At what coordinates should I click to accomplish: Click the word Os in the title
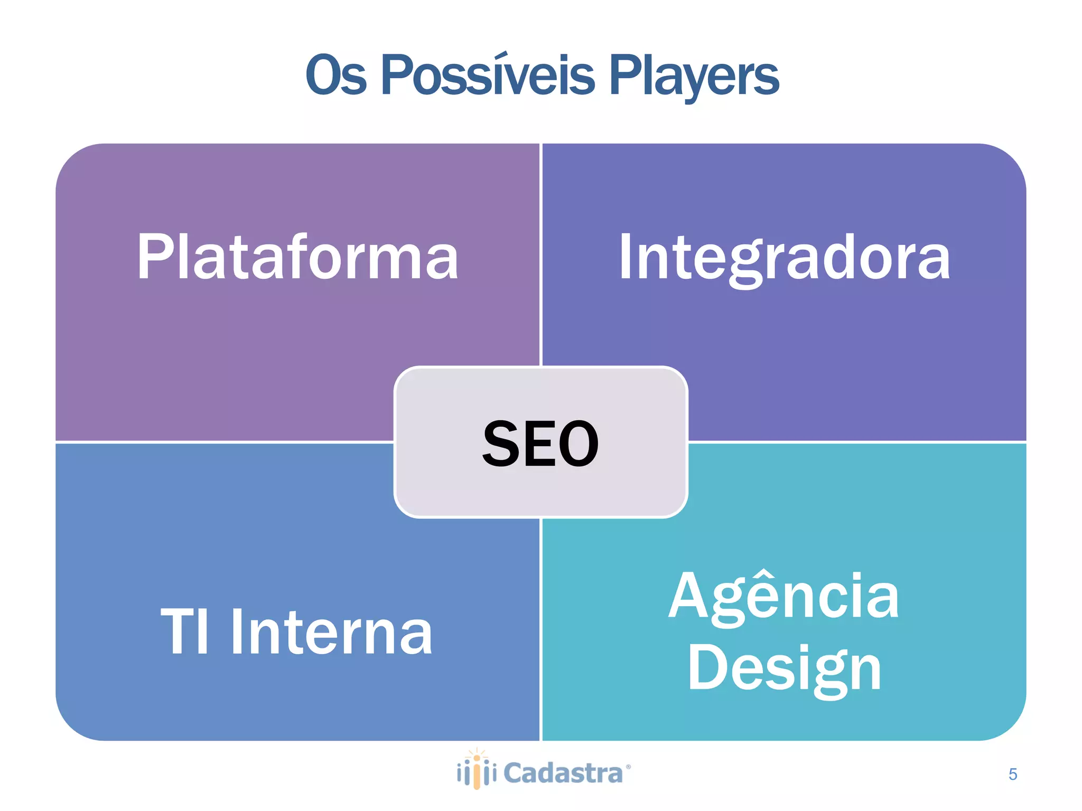(x=336, y=76)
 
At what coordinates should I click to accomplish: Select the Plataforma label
(x=297, y=257)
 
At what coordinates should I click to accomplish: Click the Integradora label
(x=785, y=258)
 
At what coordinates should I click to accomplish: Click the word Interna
(x=332, y=632)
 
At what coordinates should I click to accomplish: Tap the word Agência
(x=784, y=597)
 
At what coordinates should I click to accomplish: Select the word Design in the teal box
(x=784, y=668)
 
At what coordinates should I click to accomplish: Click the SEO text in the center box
(x=540, y=444)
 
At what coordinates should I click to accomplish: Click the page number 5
(x=1012, y=774)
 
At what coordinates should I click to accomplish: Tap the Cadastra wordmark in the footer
(x=563, y=774)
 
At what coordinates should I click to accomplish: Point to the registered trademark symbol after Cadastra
(x=628, y=766)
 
